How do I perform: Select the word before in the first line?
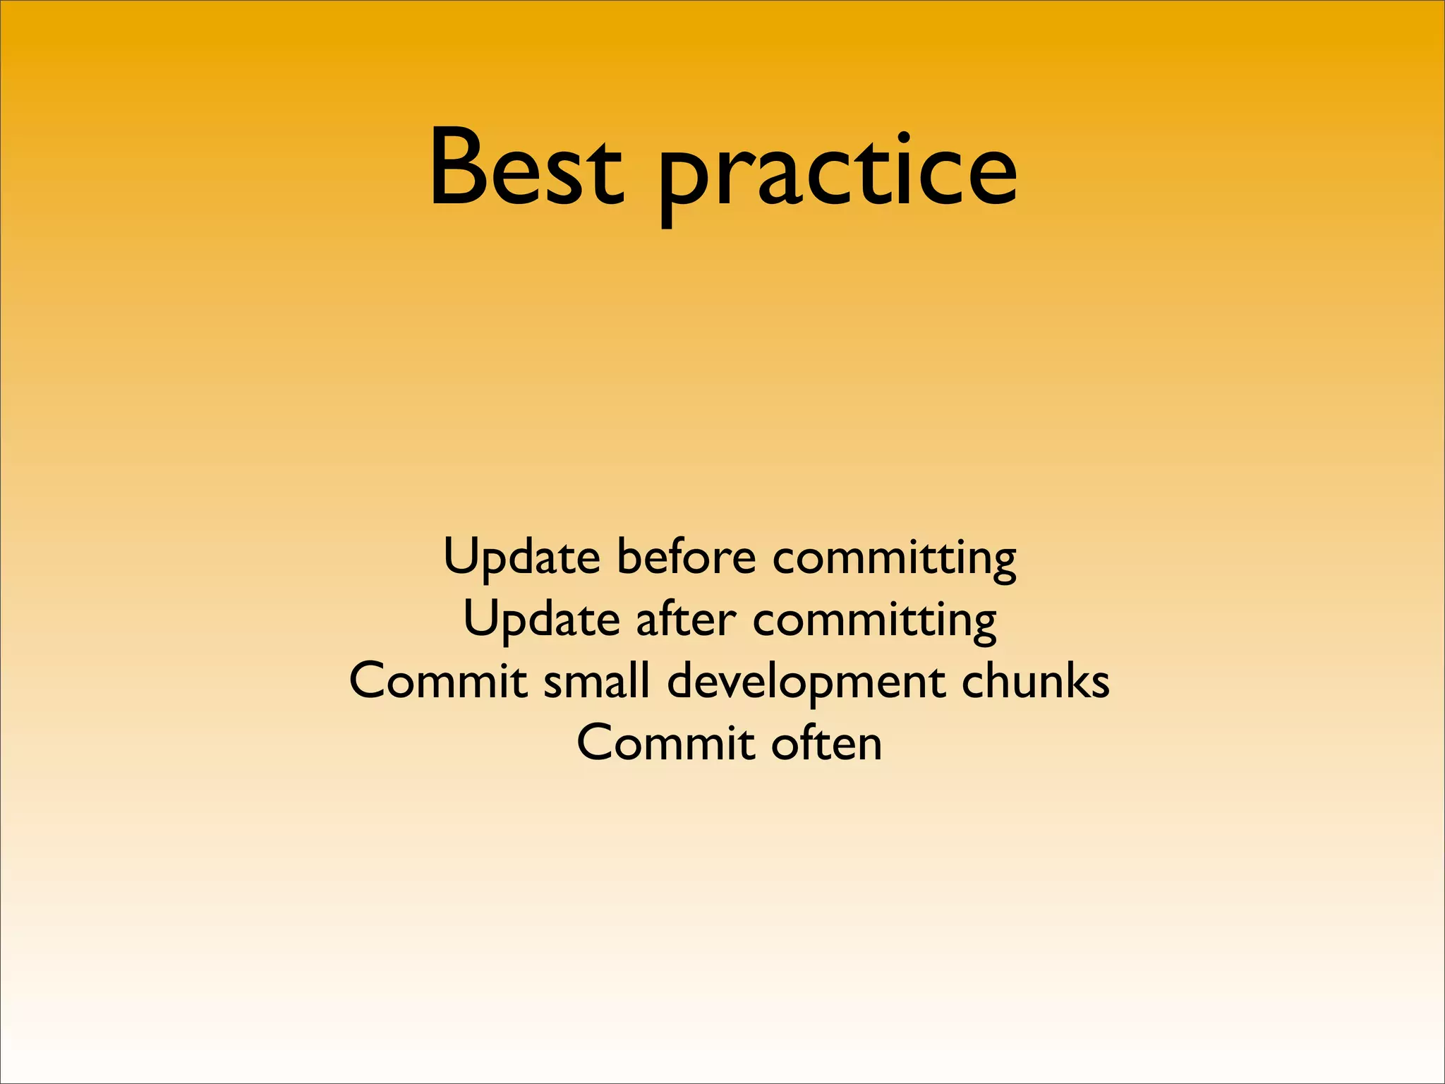click(686, 558)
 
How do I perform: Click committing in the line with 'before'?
click(894, 559)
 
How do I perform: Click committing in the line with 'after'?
click(875, 621)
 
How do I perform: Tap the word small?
click(596, 682)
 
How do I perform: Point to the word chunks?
click(1035, 682)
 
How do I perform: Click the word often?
click(826, 743)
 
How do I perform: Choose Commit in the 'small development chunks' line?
click(438, 682)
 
